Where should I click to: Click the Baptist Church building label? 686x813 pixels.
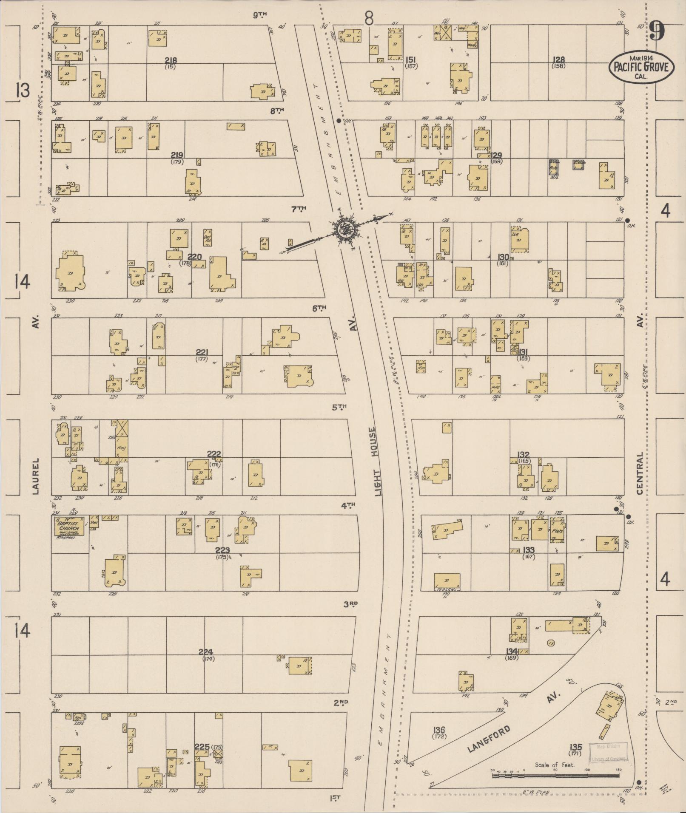[68, 526]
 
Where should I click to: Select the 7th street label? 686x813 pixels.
[299, 209]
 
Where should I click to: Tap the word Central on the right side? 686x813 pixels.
[640, 473]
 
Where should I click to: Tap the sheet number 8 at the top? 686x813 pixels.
[369, 18]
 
